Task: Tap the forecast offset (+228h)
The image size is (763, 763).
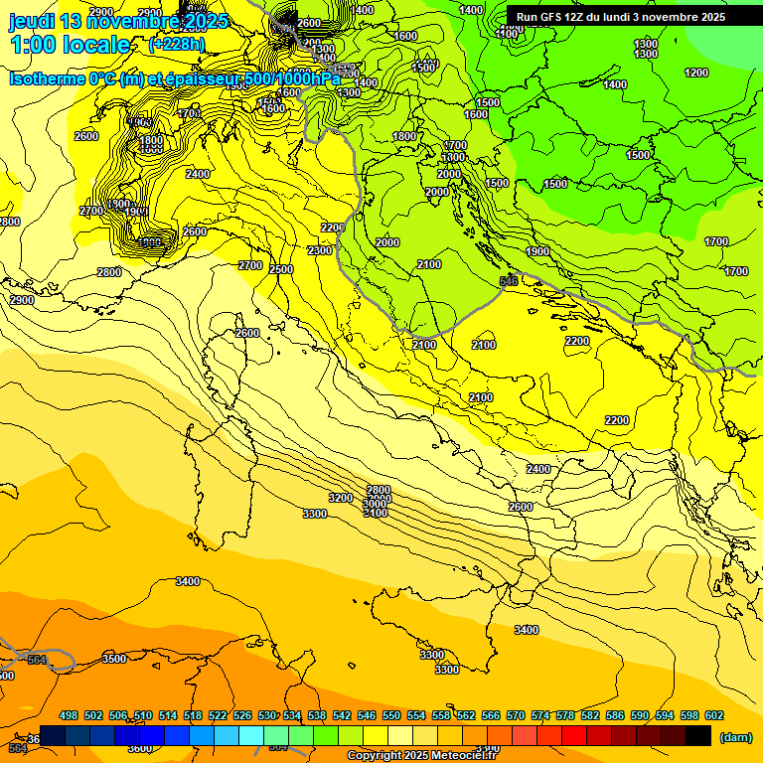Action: [x=177, y=45]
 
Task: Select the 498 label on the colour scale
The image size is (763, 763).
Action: [x=69, y=715]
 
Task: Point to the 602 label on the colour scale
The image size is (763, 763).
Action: [x=713, y=715]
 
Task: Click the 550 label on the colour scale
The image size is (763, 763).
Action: [x=391, y=715]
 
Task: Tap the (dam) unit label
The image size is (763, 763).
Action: [x=735, y=737]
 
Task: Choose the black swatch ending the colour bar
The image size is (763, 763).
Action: [x=698, y=735]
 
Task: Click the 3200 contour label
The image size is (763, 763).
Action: [x=341, y=498]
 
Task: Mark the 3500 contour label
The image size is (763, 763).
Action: [x=114, y=659]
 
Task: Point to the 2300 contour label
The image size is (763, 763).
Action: [x=320, y=251]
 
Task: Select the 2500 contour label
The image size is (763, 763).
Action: [x=281, y=269]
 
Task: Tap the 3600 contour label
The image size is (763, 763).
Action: [x=140, y=748]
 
